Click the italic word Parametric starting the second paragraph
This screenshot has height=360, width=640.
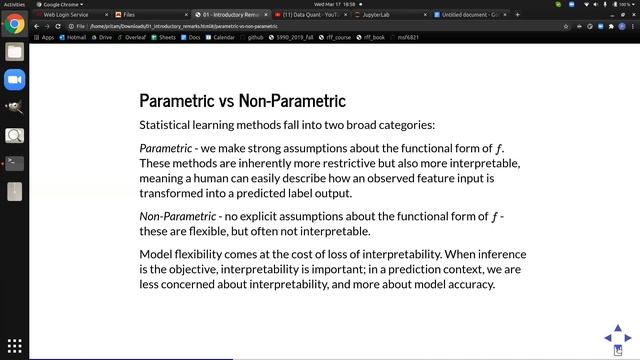pyautogui.click(x=165, y=149)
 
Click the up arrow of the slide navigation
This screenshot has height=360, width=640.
pyautogui.click(x=618, y=328)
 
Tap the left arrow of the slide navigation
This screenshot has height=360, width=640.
pyautogui.click(x=606, y=339)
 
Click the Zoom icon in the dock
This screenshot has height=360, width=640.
pyautogui.click(x=14, y=79)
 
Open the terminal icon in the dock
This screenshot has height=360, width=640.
pyautogui.click(x=14, y=163)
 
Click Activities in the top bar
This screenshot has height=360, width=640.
pyautogui.click(x=14, y=4)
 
